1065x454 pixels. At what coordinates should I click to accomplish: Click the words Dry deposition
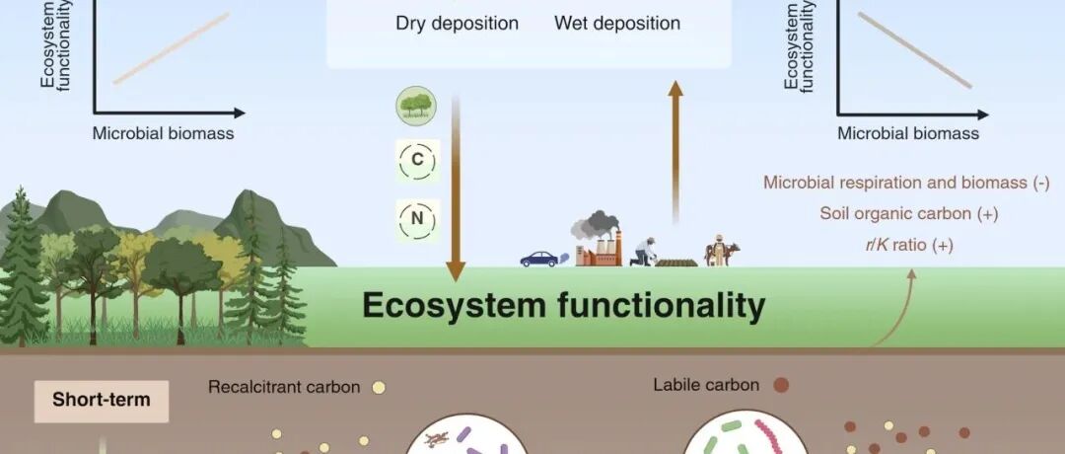[457, 23]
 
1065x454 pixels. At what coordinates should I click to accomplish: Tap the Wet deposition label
[617, 23]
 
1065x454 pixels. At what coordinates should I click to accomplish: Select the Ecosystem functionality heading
[563, 306]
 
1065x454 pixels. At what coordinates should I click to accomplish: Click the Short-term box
[102, 400]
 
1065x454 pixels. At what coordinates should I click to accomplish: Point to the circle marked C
[416, 160]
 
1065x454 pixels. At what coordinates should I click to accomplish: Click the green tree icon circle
[415, 106]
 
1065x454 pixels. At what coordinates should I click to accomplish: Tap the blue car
[538, 260]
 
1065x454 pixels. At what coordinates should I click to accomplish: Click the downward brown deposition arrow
[455, 188]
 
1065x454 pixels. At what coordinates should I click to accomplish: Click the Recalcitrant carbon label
[284, 387]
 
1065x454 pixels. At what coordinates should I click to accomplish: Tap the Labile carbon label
[707, 385]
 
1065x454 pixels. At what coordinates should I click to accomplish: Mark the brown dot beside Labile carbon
[781, 385]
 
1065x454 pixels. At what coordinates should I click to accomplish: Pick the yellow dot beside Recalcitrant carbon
[378, 388]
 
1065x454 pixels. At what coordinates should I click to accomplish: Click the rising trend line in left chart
[172, 47]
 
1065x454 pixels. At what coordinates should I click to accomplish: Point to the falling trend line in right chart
[914, 49]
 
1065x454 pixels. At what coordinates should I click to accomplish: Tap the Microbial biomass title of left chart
[164, 133]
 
